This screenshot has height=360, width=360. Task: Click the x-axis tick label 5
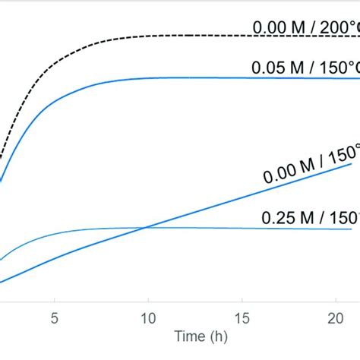point(54,317)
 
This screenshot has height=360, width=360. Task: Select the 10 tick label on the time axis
point(148,317)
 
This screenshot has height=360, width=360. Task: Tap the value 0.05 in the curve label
point(267,68)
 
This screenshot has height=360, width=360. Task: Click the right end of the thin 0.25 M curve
point(351,229)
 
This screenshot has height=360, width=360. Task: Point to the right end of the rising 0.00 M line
point(351,163)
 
